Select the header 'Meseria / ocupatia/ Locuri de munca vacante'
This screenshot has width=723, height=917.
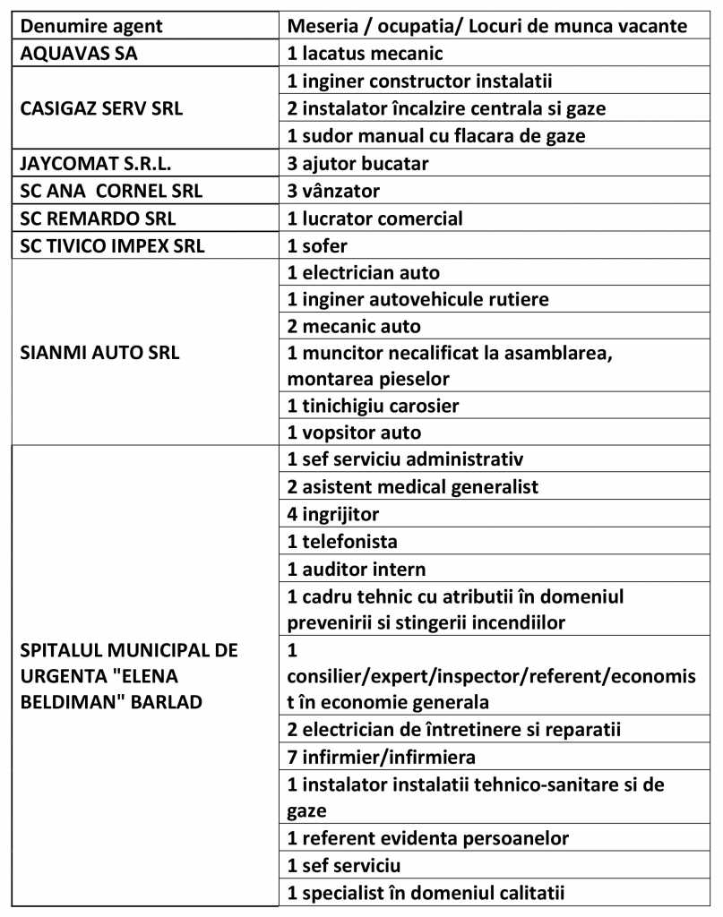pyautogui.click(x=487, y=25)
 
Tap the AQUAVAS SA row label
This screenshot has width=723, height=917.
pyautogui.click(x=78, y=53)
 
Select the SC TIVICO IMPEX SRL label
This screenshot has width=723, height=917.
pyautogui.click(x=112, y=246)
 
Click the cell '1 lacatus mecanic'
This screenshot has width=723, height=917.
pyautogui.click(x=366, y=53)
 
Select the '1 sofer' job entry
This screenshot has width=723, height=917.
pyautogui.click(x=317, y=246)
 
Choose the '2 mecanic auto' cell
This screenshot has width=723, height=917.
pyautogui.click(x=354, y=325)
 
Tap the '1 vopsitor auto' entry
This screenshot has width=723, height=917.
pyautogui.click(x=354, y=433)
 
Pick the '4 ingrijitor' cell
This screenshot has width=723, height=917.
pyautogui.click(x=334, y=514)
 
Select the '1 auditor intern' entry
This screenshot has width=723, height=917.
pyautogui.click(x=357, y=569)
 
